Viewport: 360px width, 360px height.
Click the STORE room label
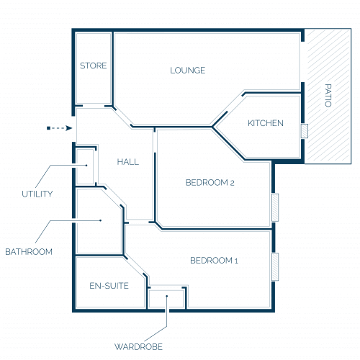click(x=93, y=66)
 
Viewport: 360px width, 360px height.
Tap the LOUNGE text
click(x=188, y=71)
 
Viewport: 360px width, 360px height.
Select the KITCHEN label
click(x=266, y=123)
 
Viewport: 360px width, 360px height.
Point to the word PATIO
click(x=328, y=95)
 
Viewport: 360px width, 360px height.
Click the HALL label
click(x=128, y=162)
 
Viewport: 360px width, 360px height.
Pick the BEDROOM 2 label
click(x=210, y=183)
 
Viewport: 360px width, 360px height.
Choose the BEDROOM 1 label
click(x=214, y=261)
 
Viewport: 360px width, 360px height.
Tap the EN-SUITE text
click(x=109, y=286)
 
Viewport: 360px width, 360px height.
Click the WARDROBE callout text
click(x=138, y=346)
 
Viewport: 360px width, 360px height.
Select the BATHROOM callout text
click(x=29, y=252)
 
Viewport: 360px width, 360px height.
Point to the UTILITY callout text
click(x=37, y=194)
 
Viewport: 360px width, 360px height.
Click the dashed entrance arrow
click(x=59, y=128)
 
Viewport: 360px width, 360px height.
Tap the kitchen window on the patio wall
click(x=305, y=131)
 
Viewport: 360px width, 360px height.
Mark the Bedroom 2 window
click(x=275, y=207)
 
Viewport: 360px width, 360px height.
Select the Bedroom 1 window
click(x=275, y=266)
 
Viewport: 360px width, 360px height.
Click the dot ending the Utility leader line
click(x=86, y=165)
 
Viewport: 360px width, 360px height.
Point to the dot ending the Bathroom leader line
click(x=101, y=220)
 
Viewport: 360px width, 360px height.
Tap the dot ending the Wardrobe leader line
click(x=167, y=296)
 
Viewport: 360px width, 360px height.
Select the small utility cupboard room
click(x=85, y=167)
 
